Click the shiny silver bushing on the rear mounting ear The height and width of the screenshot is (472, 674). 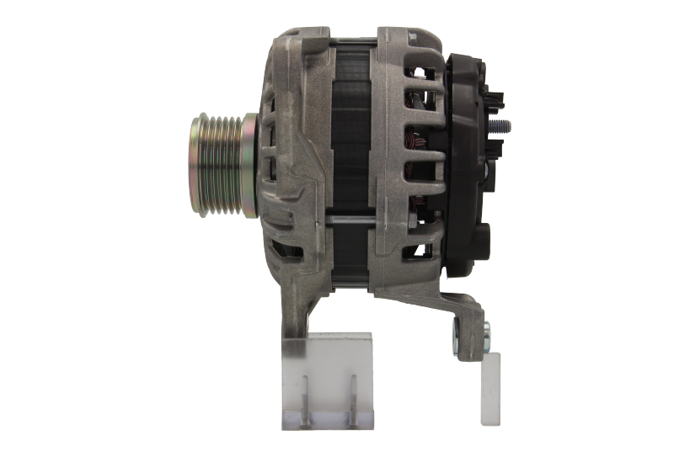click(x=486, y=336)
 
